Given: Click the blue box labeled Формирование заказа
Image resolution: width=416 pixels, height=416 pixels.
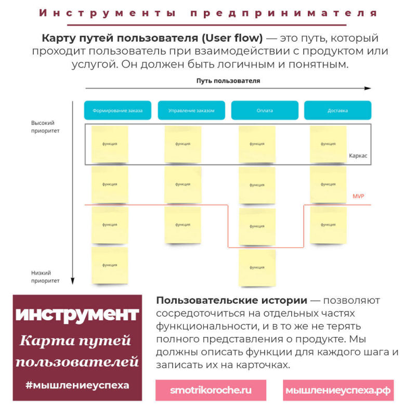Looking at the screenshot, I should coord(118,110).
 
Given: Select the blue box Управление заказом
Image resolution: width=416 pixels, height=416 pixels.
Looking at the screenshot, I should coord(191,110).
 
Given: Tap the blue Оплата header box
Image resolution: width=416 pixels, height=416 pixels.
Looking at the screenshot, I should coord(265,110).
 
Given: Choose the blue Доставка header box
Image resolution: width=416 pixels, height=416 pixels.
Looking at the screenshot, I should coord(337,110).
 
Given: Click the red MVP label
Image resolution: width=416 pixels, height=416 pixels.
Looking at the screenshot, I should coord(359,196).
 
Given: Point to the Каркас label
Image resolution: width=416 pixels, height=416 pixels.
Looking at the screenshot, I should coord(358,155).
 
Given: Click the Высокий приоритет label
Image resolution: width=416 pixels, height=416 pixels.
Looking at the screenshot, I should coord(45,127).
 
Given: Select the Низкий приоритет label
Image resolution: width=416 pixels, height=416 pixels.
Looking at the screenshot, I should coord(45,276).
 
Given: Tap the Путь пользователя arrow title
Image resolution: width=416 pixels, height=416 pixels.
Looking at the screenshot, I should coord(228,81).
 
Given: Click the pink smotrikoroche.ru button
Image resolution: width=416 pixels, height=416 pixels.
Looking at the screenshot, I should coord(211,390).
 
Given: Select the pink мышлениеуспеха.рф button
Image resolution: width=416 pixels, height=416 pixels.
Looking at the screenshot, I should coord(339,390).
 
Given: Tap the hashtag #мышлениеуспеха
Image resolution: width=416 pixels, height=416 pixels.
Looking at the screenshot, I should coord(77,385).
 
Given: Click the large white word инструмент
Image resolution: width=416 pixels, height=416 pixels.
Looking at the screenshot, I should coord(77,315).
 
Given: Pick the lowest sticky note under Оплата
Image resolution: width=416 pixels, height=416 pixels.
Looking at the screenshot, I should coord(257,267).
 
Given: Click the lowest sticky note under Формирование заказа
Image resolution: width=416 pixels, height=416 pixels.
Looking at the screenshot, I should coord(110,265).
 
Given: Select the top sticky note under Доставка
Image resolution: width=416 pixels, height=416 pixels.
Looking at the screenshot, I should coord(328,144).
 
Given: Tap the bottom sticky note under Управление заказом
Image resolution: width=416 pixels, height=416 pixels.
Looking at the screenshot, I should coord(183,225).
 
